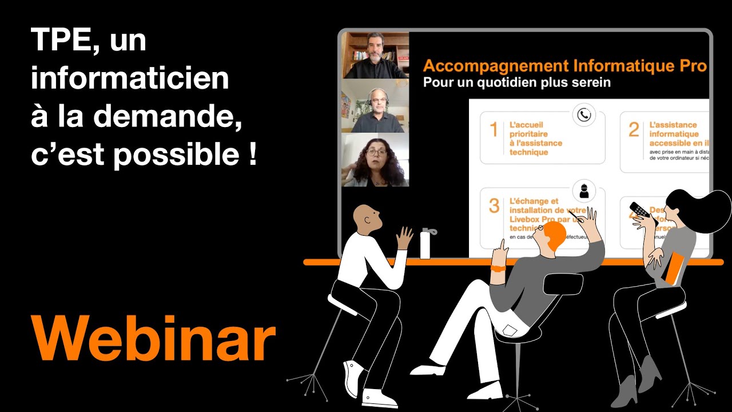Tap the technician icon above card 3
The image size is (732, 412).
(583, 191)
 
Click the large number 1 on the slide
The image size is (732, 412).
(494, 130)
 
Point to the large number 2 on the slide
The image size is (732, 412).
(634, 130)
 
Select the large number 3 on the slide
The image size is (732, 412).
(494, 206)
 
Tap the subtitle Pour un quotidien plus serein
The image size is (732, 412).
(516, 82)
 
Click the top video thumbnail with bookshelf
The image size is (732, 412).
(375, 55)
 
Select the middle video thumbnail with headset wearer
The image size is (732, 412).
(375, 106)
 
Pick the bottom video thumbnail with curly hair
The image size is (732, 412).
(375, 160)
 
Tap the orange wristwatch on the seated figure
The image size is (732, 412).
(498, 268)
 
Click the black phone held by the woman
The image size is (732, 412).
(640, 210)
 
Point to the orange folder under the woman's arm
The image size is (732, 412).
(675, 270)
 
